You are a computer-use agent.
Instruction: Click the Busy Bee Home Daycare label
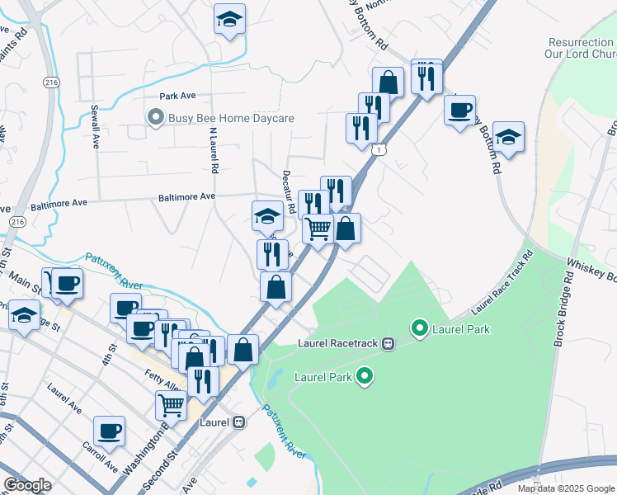tap(231, 119)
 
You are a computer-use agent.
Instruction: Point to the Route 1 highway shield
tap(378, 149)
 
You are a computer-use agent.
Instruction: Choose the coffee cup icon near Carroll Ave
tap(109, 431)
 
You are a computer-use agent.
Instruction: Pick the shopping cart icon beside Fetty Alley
tap(171, 404)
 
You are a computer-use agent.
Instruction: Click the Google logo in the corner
tap(27, 485)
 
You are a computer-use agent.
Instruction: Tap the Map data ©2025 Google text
tap(566, 488)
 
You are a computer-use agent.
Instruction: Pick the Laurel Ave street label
tap(64, 398)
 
